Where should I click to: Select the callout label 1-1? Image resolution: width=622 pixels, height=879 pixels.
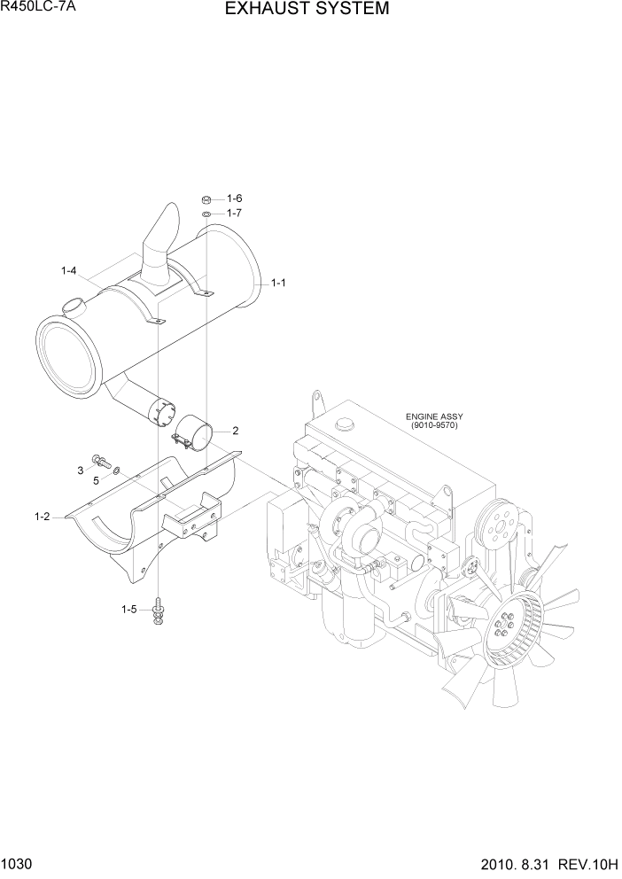click(277, 284)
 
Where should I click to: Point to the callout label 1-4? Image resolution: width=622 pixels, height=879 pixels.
click(68, 270)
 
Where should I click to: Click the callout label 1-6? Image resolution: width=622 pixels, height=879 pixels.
click(235, 198)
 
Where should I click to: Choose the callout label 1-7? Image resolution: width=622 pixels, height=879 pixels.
click(235, 213)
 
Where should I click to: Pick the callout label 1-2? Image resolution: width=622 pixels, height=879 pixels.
click(42, 517)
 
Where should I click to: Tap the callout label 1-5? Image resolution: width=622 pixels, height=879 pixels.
click(129, 609)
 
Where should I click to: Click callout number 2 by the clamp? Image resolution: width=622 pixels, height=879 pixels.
click(236, 432)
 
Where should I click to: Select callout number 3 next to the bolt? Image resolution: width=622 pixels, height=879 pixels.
click(81, 470)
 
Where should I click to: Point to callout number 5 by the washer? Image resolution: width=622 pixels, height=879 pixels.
click(96, 480)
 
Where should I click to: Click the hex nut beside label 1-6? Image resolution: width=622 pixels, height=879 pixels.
click(206, 199)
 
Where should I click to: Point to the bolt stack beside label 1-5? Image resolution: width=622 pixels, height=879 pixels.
click(158, 611)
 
